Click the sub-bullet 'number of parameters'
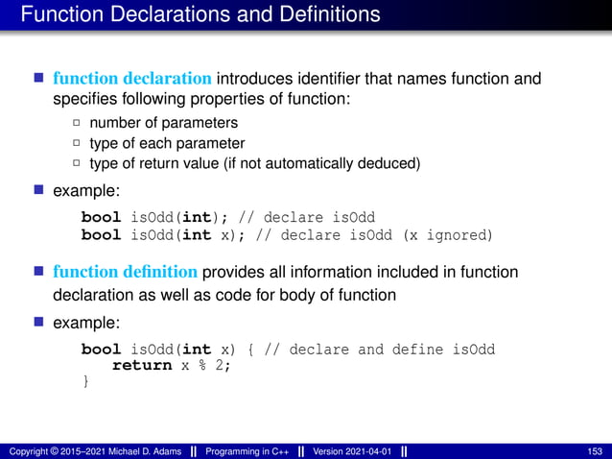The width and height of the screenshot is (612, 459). pos(163,123)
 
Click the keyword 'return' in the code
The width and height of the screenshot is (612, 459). pos(142,366)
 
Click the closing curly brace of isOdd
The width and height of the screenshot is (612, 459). pos(85,382)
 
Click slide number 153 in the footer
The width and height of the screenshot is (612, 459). pos(594,451)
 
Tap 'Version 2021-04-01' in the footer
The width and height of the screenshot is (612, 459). pos(351,451)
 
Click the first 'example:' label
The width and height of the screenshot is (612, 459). pos(81,192)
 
